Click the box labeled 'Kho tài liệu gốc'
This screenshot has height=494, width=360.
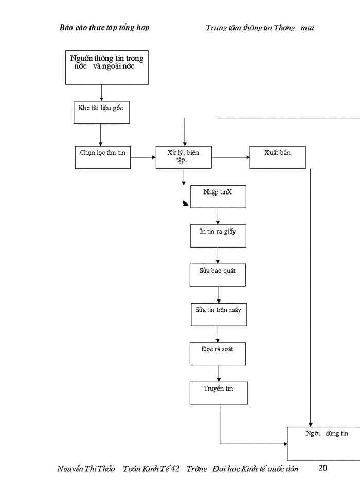[101, 112]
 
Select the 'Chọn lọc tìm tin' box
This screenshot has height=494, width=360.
[103, 157]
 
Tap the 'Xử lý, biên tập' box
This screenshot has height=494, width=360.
[184, 157]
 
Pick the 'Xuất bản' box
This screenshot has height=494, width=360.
[278, 157]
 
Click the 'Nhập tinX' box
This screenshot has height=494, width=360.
[218, 197]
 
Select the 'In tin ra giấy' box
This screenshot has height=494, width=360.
[218, 236]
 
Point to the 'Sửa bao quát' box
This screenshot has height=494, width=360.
[218, 275]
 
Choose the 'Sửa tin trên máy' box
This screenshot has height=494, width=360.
[219, 314]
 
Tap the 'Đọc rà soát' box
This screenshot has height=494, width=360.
[218, 354]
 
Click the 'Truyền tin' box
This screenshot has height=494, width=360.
[219, 393]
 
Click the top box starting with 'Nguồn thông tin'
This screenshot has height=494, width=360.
[107, 67]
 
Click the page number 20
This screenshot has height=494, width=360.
[323, 468]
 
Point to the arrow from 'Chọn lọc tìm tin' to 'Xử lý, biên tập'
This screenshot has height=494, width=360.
[143, 157]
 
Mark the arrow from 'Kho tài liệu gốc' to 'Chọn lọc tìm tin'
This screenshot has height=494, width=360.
[100, 135]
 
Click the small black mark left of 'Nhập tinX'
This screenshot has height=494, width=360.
[185, 204]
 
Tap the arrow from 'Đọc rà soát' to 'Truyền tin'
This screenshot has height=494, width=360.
[219, 373]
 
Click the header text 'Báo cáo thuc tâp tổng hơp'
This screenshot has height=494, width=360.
[104, 28]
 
